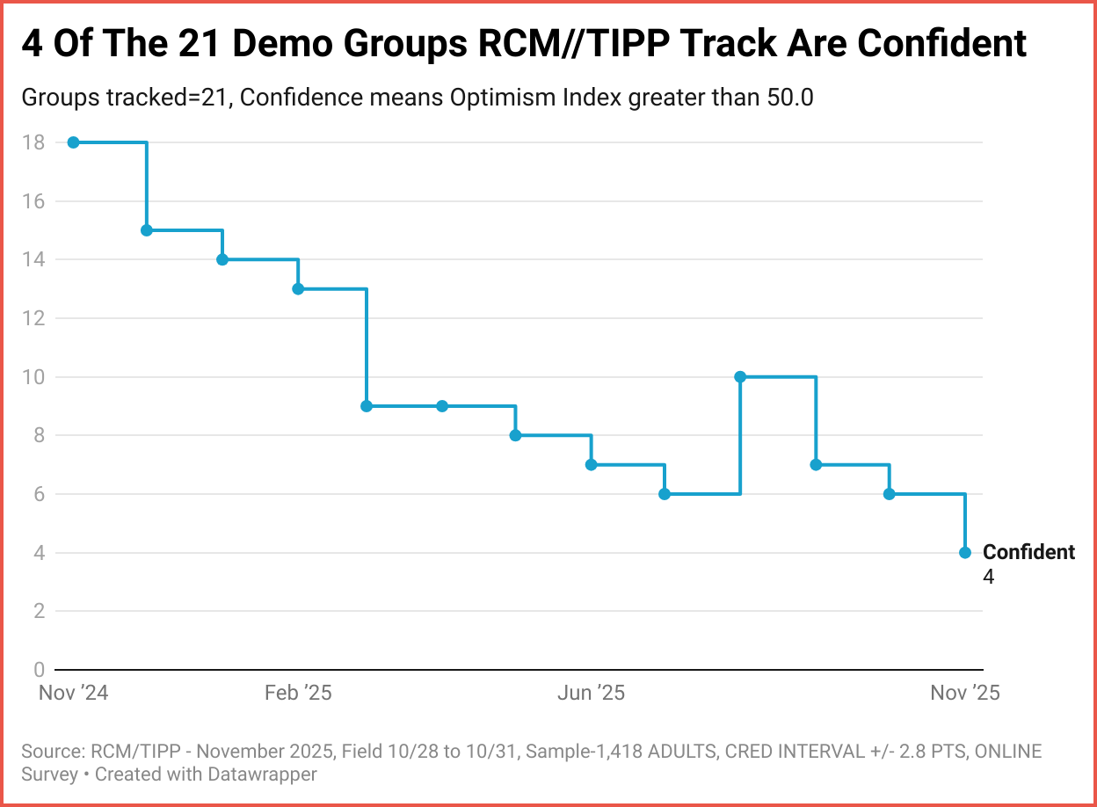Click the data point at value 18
pos(74,142)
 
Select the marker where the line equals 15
pos(147,230)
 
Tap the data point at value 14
pos(222,259)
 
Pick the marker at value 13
pos(298,288)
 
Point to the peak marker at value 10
pos(740,376)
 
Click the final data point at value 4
pos(965,552)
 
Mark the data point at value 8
pos(515,435)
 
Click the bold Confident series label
pos(1028,552)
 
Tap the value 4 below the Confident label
pos(989,577)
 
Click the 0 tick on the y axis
pos(39,670)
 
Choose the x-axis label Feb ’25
pos(298,693)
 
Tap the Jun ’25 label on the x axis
pos(591,693)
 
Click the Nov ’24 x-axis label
pos(74,693)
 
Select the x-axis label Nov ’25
pos(965,693)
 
